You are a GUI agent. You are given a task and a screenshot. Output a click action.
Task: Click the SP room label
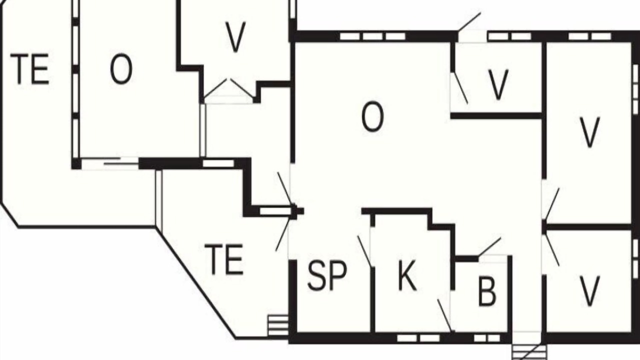(327, 276)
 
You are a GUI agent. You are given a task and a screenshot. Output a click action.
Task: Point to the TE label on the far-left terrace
(29, 69)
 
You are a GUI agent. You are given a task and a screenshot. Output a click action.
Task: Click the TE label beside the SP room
(224, 259)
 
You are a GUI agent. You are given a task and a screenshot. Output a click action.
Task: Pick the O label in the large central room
(372, 117)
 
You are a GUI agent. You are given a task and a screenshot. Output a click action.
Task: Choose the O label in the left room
(121, 69)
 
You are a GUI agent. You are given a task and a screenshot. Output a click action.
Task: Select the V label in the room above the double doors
(235, 37)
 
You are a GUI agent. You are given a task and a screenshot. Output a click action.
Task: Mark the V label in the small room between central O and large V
(498, 85)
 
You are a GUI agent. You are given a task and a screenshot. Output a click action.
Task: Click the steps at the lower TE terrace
(278, 325)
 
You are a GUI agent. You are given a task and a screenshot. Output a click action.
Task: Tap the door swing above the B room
(490, 246)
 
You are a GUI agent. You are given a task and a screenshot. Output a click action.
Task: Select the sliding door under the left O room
(110, 163)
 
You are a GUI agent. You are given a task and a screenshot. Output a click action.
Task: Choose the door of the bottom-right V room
(551, 249)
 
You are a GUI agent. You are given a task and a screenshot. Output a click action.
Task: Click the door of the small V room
(460, 88)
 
